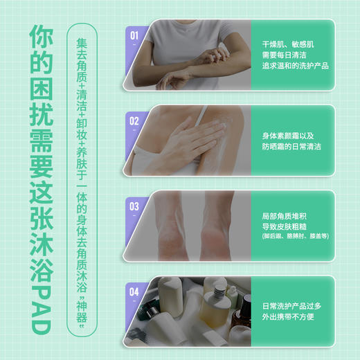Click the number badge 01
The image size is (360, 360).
click(134, 34)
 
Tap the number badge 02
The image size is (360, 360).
click(134, 120)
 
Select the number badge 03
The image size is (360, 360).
click(134, 206)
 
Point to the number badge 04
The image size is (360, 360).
click(134, 291)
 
